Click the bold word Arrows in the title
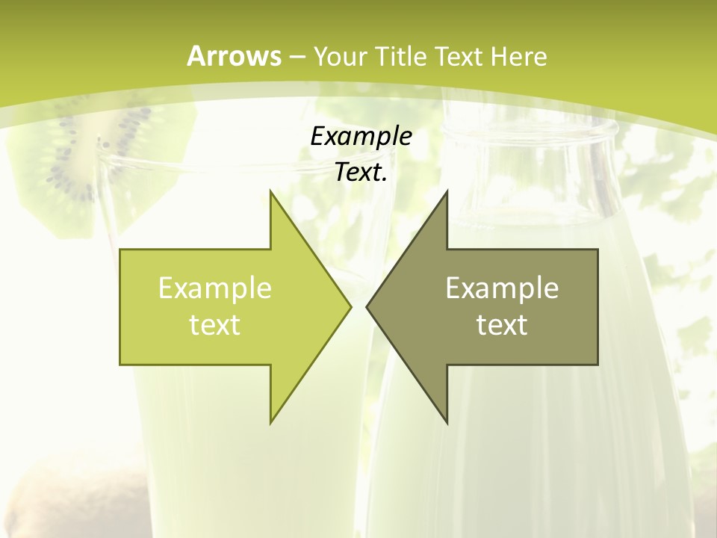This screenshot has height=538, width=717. click(234, 56)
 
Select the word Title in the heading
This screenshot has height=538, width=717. click(400, 56)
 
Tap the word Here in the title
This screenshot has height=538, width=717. click(518, 56)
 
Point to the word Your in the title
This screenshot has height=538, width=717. click(339, 56)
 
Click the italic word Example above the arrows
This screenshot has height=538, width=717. click(361, 136)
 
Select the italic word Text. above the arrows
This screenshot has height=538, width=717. click(361, 173)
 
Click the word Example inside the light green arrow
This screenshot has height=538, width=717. click(215, 288)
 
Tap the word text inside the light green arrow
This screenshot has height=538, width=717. click(215, 324)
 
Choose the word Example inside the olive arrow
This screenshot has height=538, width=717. click(502, 288)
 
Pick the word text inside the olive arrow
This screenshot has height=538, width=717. click(502, 324)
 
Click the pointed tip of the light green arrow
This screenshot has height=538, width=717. click(350, 306)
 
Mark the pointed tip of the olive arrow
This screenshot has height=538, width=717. click(367, 306)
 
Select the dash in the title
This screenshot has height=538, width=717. click(297, 57)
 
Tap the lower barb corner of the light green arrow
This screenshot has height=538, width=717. click(270, 423)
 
